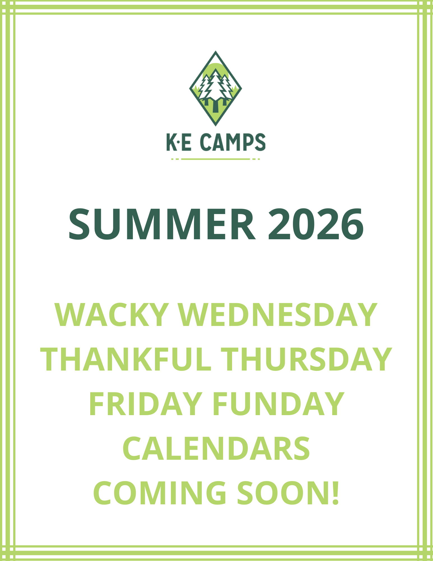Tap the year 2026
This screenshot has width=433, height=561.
tap(316, 224)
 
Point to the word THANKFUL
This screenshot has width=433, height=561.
tap(126, 359)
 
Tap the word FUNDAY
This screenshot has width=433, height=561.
tap(278, 404)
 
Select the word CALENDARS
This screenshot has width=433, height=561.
tap(216, 449)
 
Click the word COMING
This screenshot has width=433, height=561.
tap(159, 493)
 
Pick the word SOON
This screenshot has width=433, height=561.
tap(283, 493)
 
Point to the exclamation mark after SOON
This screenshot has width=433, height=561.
tap(335, 493)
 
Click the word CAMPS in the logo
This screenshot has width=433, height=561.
tap(233, 142)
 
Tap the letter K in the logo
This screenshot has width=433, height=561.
tap(171, 142)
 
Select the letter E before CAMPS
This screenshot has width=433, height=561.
tap(186, 142)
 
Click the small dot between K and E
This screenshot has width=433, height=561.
tap(179, 142)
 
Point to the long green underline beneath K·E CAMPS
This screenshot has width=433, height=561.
tap(216, 159)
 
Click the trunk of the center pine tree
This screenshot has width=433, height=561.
tap(215, 106)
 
